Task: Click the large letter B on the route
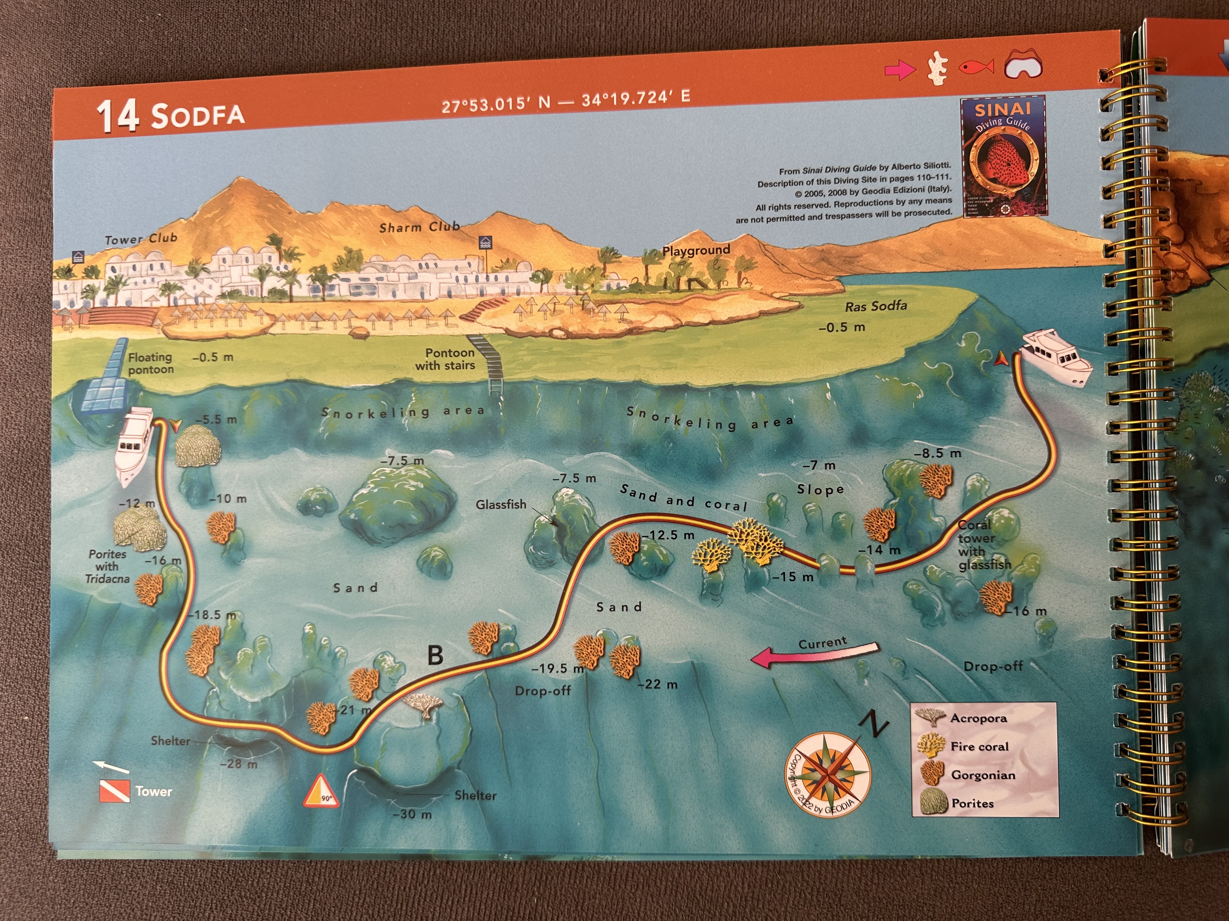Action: click(436, 656)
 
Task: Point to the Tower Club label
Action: click(141, 239)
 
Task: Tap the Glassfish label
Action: click(501, 504)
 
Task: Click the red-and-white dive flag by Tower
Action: click(114, 791)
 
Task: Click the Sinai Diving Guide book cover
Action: click(1003, 157)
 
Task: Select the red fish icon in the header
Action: click(976, 67)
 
